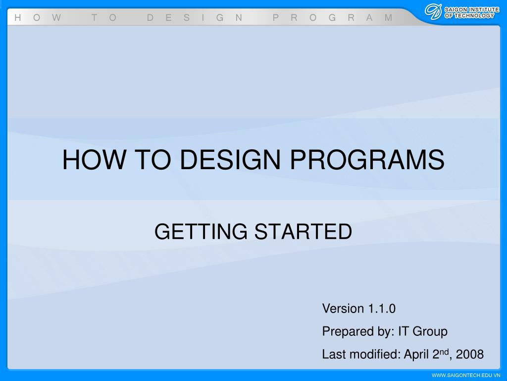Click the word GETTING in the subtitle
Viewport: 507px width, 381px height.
tap(201, 232)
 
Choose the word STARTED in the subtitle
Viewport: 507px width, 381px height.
tap(304, 232)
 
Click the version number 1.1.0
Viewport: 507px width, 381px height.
tap(382, 309)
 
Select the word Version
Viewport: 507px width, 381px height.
tap(343, 309)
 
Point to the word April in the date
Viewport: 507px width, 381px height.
tap(416, 355)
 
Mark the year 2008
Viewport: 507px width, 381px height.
tap(469, 354)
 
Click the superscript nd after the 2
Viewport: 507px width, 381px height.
tap(444, 352)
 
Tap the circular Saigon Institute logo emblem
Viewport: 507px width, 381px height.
tap(433, 12)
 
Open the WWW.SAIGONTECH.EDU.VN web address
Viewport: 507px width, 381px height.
tap(466, 375)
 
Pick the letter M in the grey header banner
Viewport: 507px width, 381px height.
tap(388, 18)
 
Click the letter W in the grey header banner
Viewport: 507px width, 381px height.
tap(56, 18)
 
